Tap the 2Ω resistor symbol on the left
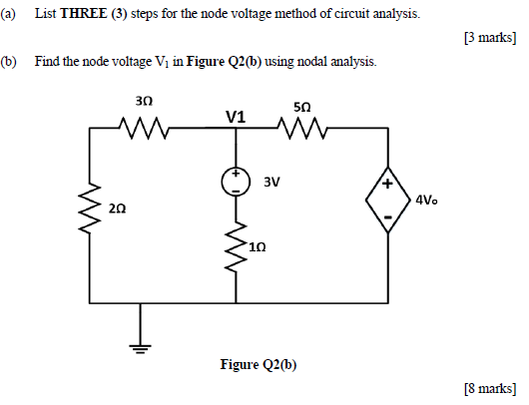(x=91, y=206)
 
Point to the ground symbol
(x=141, y=347)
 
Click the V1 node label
(x=236, y=117)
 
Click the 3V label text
(x=271, y=183)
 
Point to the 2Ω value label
(x=118, y=208)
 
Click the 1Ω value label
(x=259, y=244)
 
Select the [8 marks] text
(x=491, y=387)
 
